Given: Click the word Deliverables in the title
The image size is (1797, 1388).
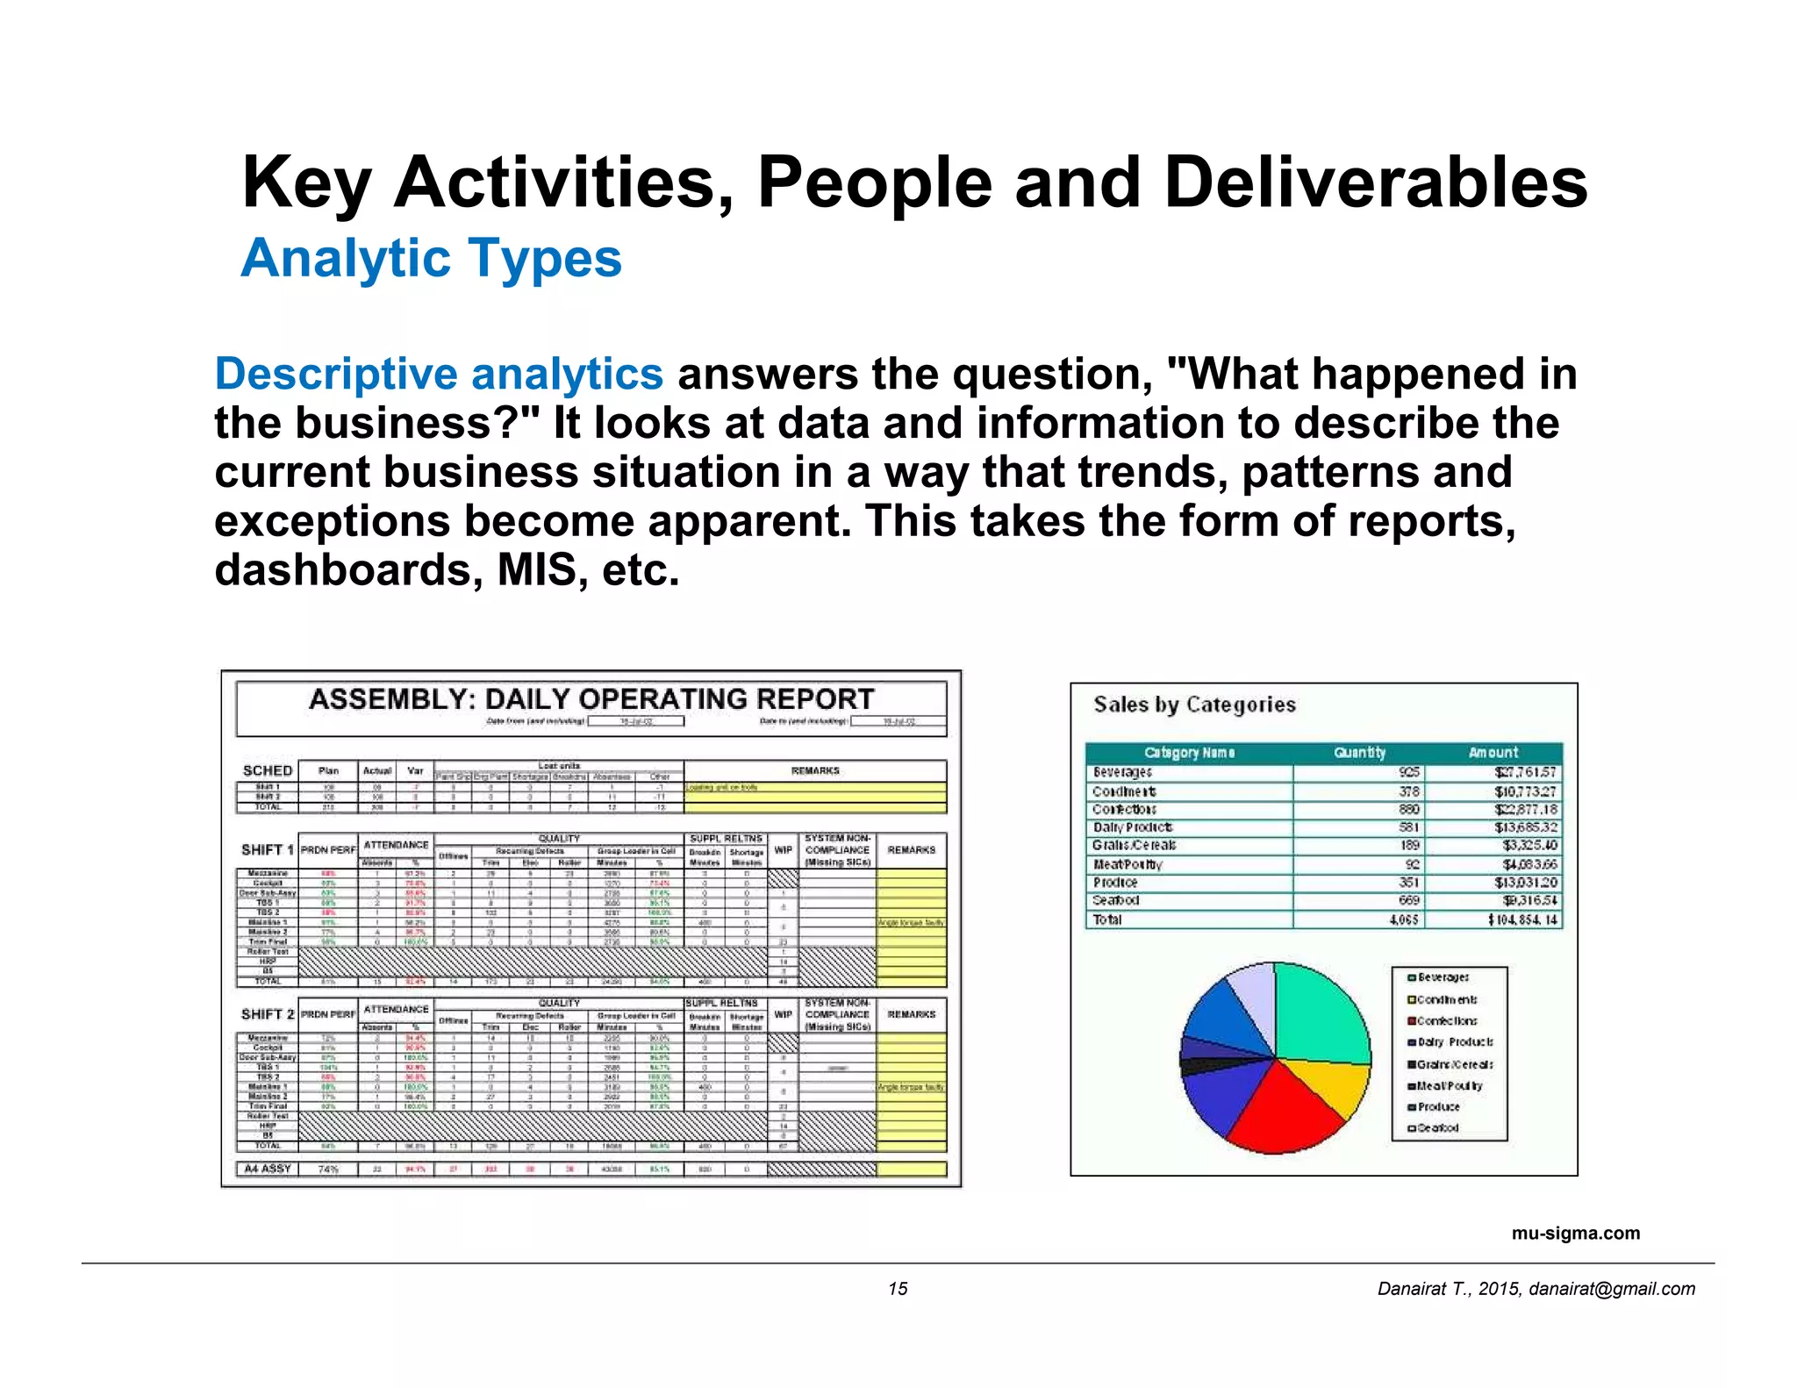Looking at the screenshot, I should pos(1375,182).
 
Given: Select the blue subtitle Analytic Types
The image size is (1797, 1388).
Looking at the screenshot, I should pos(431,258).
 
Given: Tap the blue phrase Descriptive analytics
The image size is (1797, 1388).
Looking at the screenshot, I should pos(439,374).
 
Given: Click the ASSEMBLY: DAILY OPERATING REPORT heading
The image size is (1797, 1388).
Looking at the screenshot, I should pos(591,699).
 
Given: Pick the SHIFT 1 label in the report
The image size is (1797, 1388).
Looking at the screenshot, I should pos(267,849).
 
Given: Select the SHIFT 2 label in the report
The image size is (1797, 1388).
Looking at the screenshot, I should pos(267,1013).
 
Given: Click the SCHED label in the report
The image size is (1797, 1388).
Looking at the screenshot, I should pos(267,770).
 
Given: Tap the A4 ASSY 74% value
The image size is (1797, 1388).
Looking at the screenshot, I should pos(328,1169).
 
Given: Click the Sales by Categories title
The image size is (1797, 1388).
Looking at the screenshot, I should pos(1194,705).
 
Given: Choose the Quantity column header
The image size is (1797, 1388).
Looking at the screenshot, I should pos(1359,752).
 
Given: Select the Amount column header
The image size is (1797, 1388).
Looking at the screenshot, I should pos(1493,752).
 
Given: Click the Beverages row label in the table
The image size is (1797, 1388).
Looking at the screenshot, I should pos(1122,772).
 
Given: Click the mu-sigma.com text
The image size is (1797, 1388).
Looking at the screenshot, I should pos(1575,1233).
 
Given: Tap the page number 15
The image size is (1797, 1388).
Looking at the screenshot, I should pos(898,1288).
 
